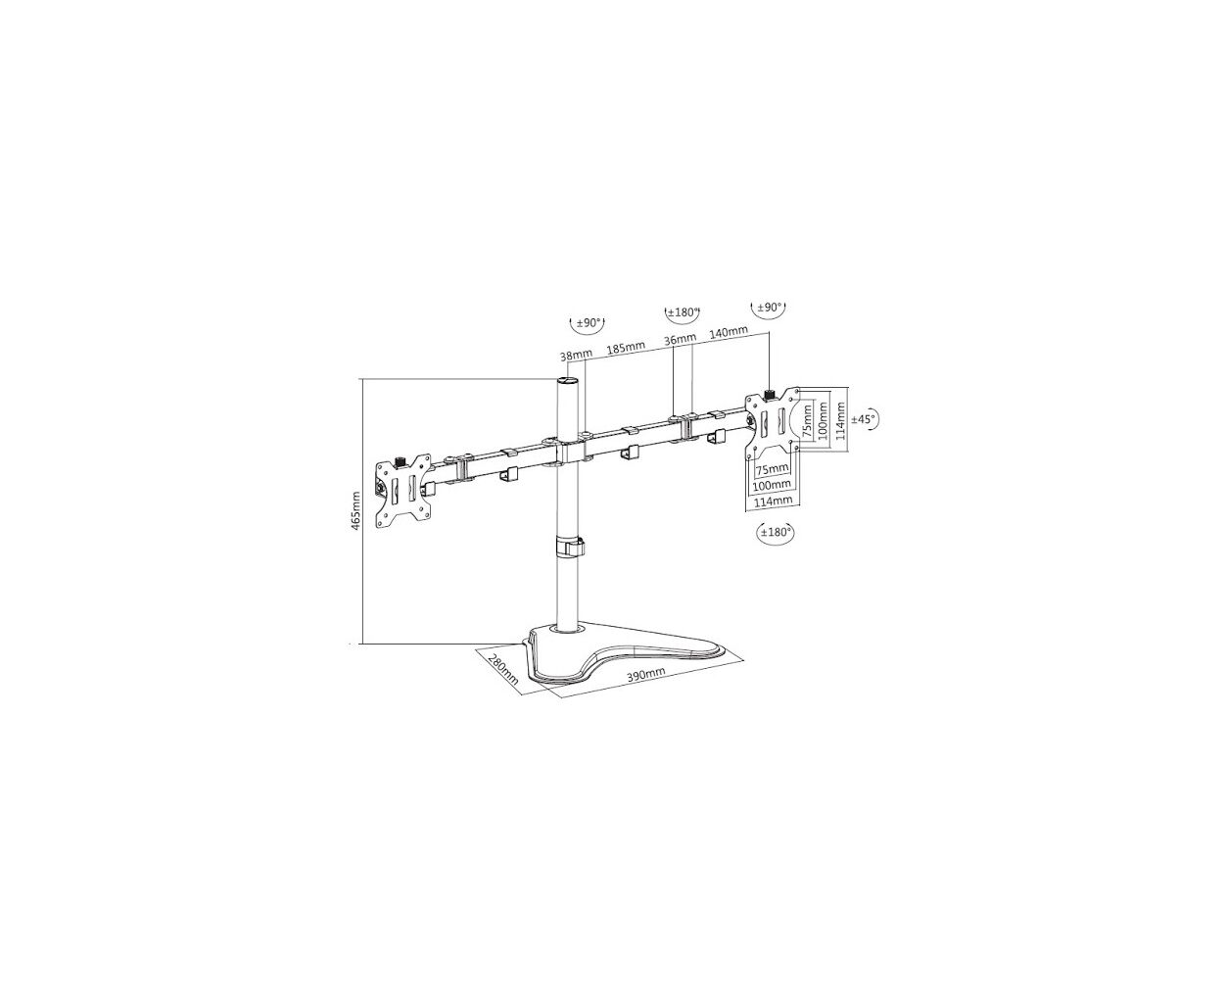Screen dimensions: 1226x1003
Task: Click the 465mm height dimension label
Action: click(355, 511)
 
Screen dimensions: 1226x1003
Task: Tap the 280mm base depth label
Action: click(502, 668)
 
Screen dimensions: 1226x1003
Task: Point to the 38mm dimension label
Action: click(576, 355)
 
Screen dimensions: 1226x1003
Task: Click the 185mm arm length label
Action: click(626, 348)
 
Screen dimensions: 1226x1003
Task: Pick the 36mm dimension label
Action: click(681, 338)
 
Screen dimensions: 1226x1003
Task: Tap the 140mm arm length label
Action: click(729, 331)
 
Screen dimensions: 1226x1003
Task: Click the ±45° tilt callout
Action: click(865, 419)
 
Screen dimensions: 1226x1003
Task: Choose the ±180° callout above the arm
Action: click(683, 312)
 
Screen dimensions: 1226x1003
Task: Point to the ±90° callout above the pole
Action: click(588, 323)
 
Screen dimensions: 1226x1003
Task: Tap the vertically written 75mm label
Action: click(807, 421)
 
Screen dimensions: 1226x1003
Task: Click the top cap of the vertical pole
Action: click(569, 381)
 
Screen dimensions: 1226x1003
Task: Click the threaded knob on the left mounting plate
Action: click(400, 461)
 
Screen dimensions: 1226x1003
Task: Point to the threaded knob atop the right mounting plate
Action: click(771, 395)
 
